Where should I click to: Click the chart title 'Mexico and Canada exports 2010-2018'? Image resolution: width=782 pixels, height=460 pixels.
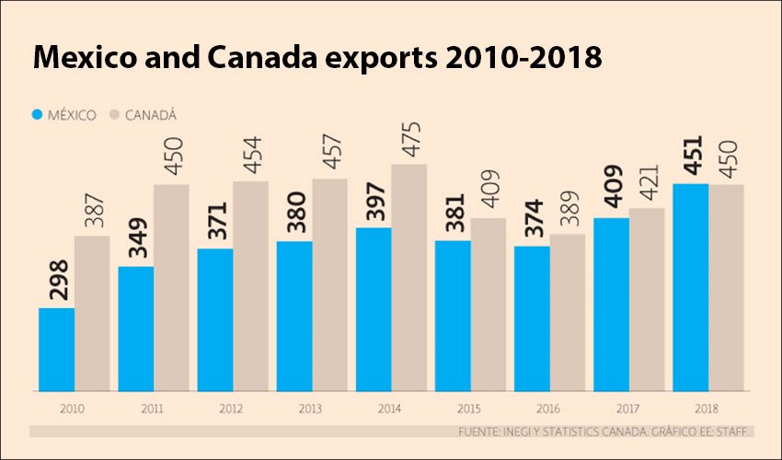click(x=317, y=57)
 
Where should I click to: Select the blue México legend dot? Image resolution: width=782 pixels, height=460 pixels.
click(x=38, y=115)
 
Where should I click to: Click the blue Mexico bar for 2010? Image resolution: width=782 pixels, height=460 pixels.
click(x=56, y=348)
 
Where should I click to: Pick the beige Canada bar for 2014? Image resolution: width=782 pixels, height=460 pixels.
click(x=409, y=276)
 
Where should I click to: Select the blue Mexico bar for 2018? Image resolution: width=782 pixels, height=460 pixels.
click(x=691, y=286)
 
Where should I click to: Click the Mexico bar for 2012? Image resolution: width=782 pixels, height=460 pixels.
click(x=215, y=318)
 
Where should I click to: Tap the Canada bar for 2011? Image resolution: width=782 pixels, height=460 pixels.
click(x=172, y=286)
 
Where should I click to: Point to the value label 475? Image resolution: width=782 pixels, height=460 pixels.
click(x=409, y=138)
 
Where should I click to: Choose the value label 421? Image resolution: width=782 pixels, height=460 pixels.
click(x=647, y=181)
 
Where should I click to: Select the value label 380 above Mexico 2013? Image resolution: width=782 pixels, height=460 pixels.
click(x=294, y=214)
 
